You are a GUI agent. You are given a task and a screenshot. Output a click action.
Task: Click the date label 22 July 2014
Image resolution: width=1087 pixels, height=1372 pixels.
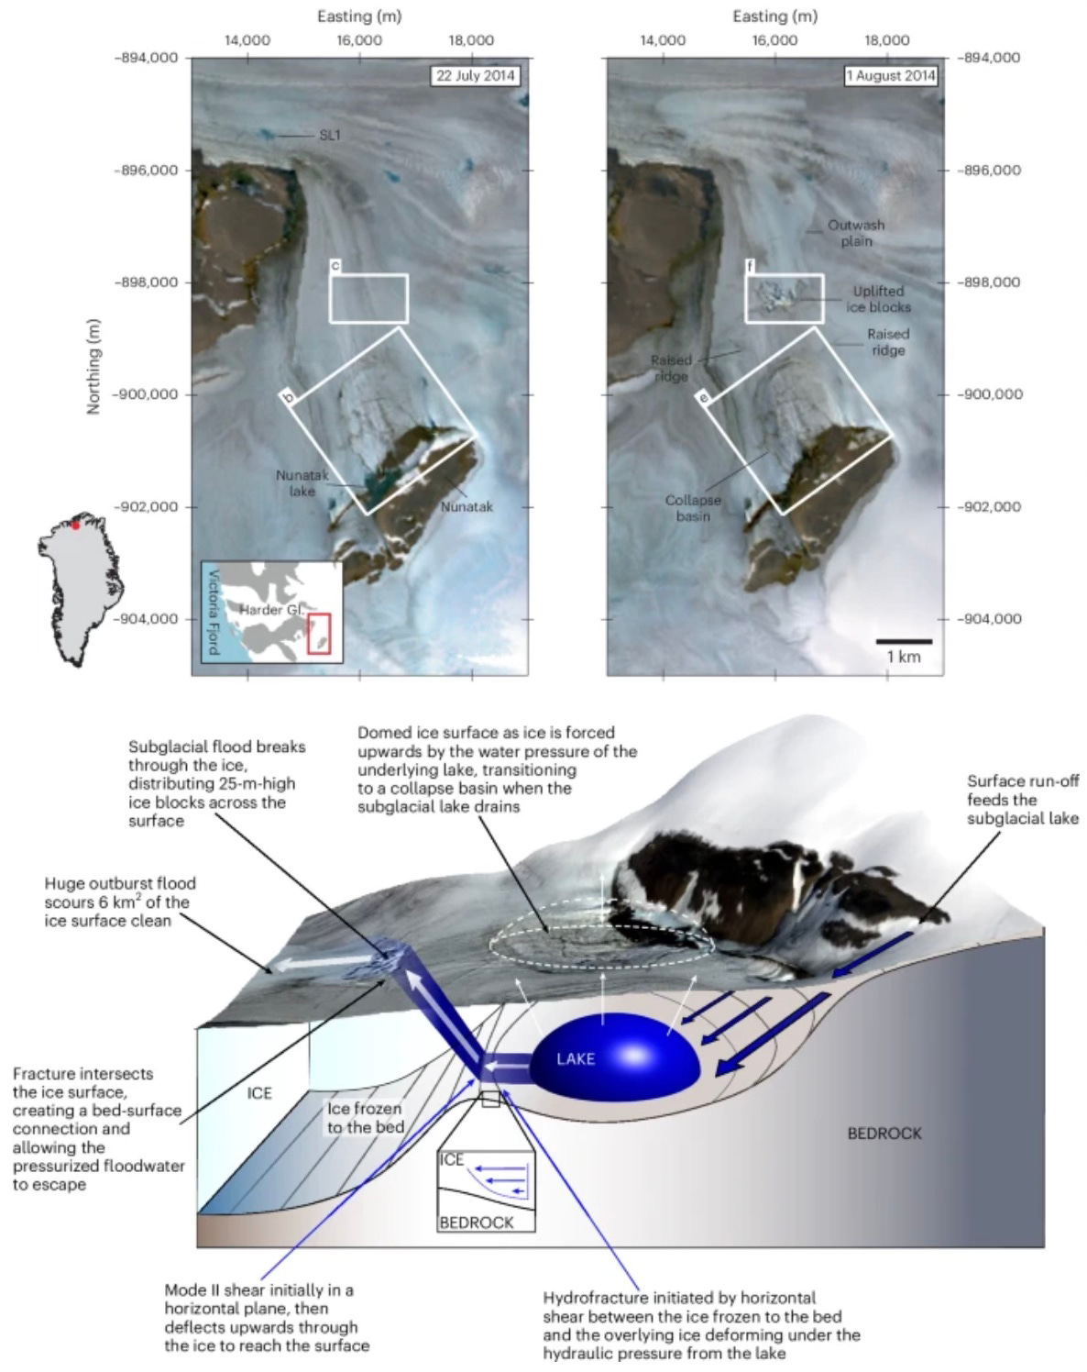click(475, 76)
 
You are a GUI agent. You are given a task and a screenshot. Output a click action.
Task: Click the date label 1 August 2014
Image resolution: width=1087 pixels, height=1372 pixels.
click(891, 76)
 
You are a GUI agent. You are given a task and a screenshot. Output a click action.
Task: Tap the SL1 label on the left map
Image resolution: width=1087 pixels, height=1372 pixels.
click(329, 136)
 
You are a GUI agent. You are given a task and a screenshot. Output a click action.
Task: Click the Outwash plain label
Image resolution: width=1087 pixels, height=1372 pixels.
click(856, 233)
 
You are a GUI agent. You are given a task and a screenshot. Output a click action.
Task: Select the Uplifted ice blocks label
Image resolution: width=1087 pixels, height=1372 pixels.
click(878, 299)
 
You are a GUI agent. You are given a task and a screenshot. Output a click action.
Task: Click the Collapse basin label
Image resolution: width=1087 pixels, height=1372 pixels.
click(693, 508)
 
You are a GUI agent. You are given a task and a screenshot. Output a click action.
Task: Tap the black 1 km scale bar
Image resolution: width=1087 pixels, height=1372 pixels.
click(903, 641)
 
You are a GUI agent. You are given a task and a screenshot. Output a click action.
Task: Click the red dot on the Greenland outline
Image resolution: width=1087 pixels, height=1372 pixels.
click(76, 525)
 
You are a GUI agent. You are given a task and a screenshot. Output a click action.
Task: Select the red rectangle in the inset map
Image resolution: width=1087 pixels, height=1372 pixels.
click(319, 634)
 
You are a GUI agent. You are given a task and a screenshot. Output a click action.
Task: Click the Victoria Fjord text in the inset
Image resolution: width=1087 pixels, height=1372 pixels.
click(213, 613)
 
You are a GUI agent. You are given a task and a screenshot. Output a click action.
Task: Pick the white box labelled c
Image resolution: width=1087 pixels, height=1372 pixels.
click(368, 298)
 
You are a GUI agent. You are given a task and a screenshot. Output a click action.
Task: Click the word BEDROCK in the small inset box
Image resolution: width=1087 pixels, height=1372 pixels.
click(476, 1222)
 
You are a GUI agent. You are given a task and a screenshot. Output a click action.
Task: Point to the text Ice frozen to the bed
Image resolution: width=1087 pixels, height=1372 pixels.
click(366, 1117)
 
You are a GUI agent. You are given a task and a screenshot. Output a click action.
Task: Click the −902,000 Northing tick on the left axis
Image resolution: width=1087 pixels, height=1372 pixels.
click(148, 506)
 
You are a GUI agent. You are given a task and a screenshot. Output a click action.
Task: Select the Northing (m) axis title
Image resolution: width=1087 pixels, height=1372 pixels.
click(93, 367)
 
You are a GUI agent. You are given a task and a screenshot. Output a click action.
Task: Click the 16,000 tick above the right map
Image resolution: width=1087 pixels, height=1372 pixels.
click(774, 40)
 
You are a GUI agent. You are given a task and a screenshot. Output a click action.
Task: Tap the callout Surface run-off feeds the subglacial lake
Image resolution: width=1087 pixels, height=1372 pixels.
click(1022, 799)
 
